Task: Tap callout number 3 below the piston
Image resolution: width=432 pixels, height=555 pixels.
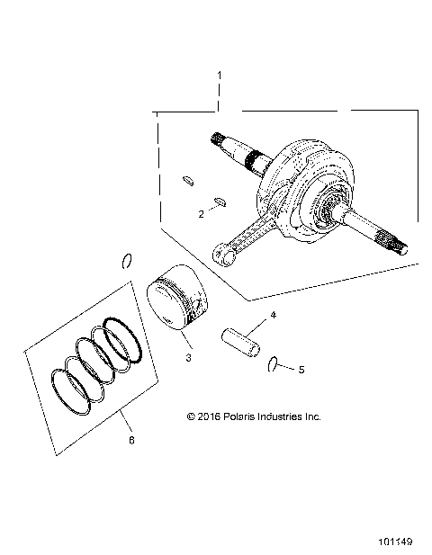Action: coord(187,358)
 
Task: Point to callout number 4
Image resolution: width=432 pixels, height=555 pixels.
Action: coord(273,315)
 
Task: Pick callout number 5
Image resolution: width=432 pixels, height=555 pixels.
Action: coord(301,369)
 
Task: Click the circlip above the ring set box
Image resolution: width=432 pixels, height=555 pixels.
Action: coord(128,261)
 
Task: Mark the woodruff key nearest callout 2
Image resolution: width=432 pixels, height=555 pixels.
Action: coord(220,201)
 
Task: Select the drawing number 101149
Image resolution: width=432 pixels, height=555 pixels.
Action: coord(395,542)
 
